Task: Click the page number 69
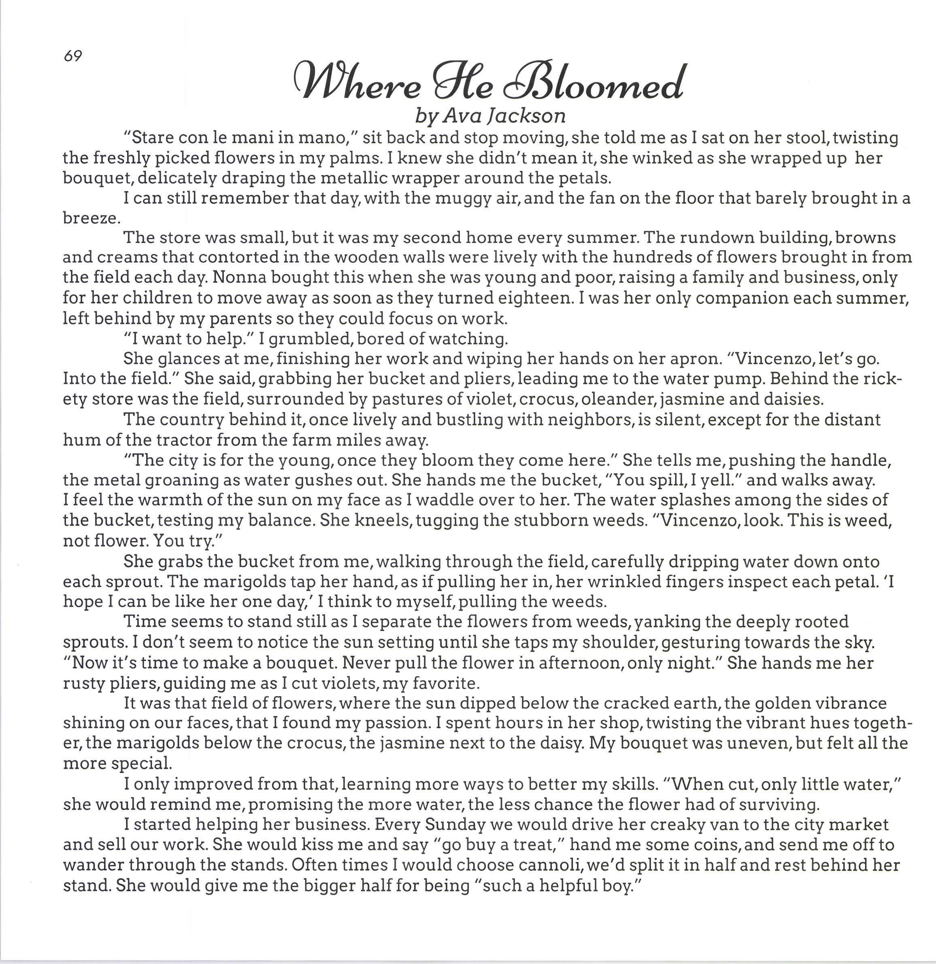(72, 57)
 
